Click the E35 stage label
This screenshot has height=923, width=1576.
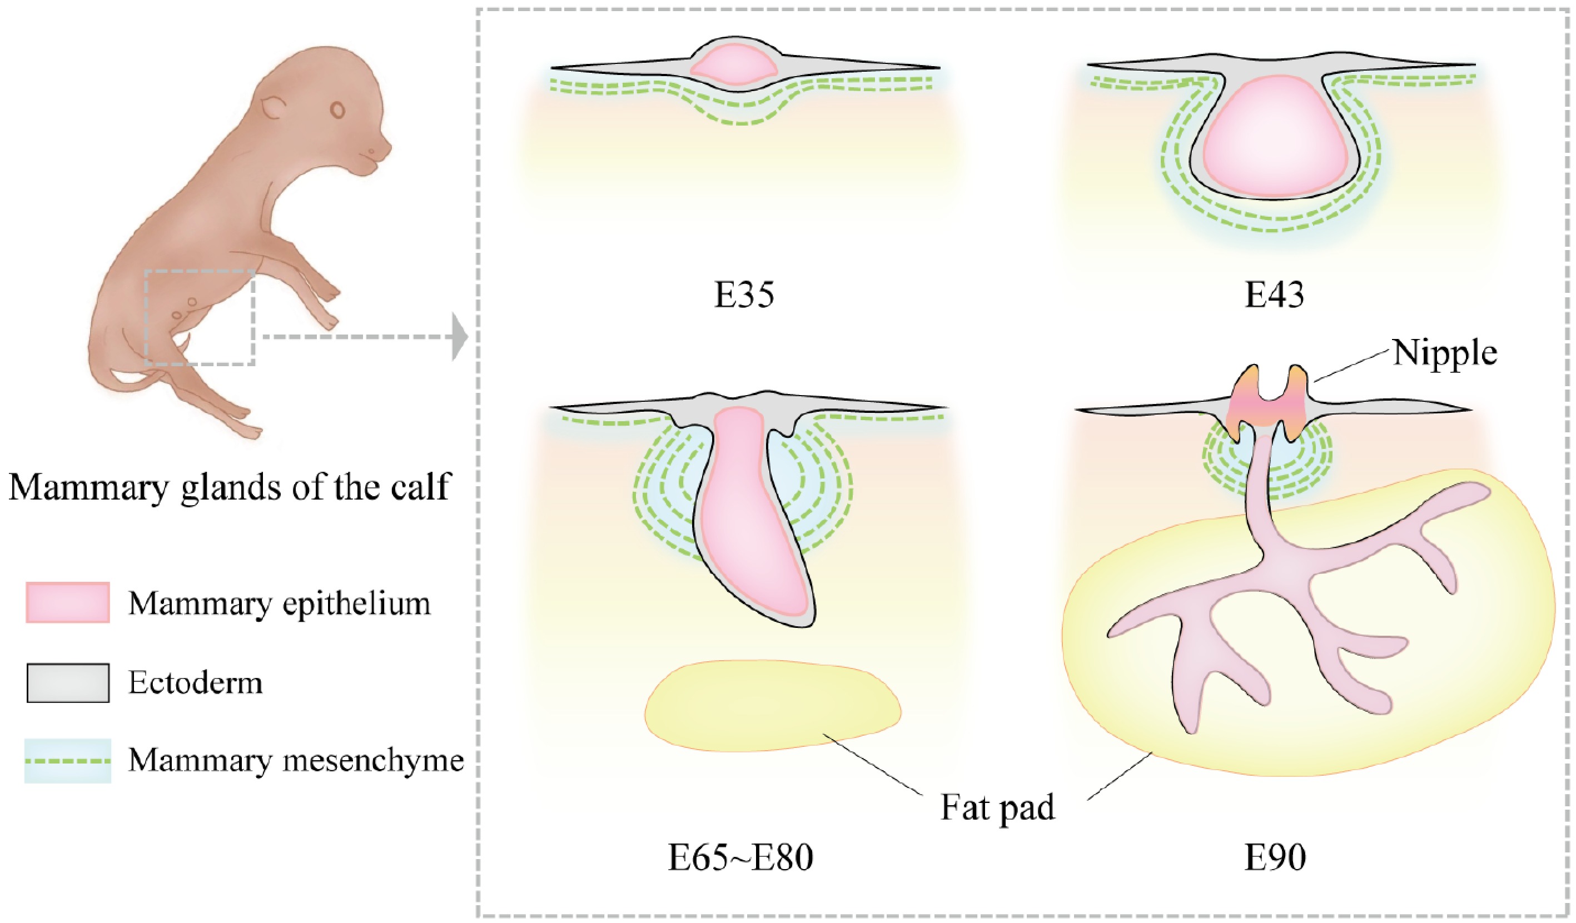[x=744, y=295]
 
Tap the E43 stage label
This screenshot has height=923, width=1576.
[x=1275, y=295]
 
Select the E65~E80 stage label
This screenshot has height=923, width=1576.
[x=740, y=857]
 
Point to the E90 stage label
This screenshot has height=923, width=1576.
[x=1275, y=857]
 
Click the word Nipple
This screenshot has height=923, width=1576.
[x=1445, y=354]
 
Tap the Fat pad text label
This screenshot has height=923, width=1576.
[x=997, y=807]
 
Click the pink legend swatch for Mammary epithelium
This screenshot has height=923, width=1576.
[x=68, y=602]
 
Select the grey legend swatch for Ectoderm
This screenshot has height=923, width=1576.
[x=68, y=683]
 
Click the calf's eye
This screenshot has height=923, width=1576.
[x=338, y=110]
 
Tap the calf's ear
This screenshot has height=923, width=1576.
[x=274, y=108]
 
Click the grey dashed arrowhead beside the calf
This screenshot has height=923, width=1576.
[x=460, y=337]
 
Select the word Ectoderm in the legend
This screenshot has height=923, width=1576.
[x=195, y=683]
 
